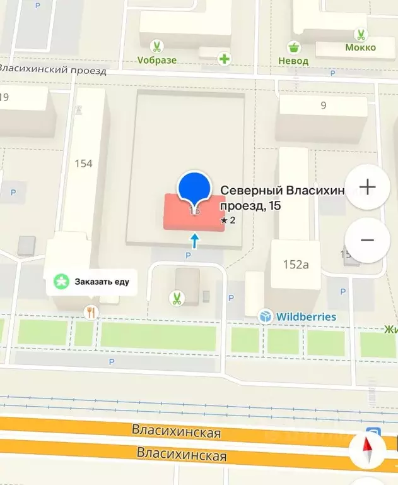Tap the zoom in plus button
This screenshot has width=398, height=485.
(367, 187)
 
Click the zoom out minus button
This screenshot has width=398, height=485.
(367, 240)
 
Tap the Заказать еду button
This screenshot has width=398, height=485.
(92, 282)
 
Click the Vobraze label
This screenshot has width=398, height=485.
(157, 61)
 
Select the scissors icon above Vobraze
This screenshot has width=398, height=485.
(156, 46)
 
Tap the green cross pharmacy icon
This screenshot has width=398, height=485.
(224, 59)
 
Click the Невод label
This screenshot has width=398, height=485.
(293, 61)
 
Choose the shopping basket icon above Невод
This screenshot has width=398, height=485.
(293, 47)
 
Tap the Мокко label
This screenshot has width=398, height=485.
(360, 47)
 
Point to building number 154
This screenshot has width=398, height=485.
(83, 164)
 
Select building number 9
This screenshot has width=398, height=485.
(323, 105)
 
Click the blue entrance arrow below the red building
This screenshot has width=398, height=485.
(194, 240)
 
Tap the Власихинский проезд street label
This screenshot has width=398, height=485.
(54, 68)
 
